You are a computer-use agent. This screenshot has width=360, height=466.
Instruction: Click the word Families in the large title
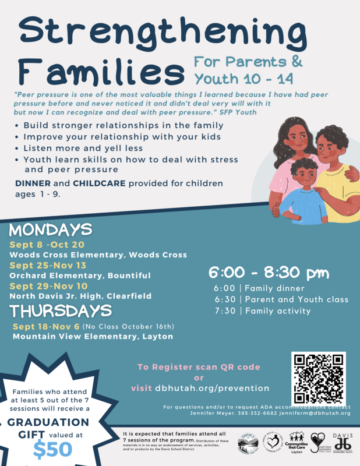[98, 73]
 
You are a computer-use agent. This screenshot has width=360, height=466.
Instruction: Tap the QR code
[319, 378]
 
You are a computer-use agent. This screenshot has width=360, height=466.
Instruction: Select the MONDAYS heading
[51, 228]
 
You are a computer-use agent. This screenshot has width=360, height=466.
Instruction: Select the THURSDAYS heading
[61, 310]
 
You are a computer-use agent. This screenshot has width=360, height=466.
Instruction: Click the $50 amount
[53, 449]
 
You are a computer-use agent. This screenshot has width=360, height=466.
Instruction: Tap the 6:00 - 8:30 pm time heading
[269, 273]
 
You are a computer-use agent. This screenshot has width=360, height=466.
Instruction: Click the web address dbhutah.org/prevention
[212, 388]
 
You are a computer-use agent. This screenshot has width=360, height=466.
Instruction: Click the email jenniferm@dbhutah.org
[316, 413]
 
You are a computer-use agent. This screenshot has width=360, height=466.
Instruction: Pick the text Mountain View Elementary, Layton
[93, 336]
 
